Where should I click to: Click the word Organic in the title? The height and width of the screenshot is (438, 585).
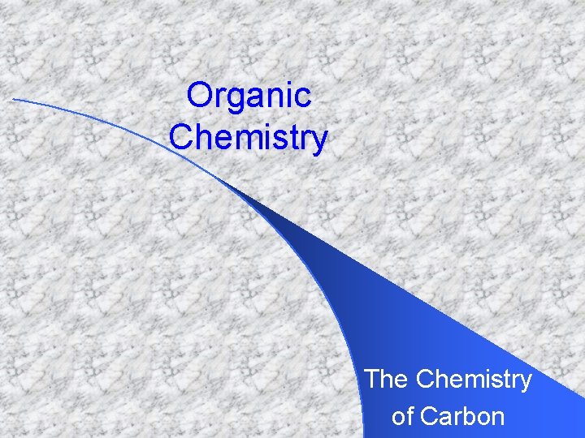coord(249,96)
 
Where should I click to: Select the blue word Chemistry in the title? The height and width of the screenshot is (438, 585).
coord(249,137)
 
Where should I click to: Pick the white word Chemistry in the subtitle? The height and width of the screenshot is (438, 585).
coord(474,379)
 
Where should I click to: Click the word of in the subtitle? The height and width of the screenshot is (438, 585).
coord(402,417)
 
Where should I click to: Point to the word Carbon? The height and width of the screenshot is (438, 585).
coord(462,417)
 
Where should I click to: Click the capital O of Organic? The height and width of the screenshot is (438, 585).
coord(198,96)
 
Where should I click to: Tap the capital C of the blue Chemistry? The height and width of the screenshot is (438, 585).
coord(180,137)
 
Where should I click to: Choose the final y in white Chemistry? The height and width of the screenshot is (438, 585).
coord(525,383)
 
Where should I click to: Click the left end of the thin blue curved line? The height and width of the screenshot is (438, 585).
coord(14,100)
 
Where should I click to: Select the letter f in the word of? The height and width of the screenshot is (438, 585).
coord(409,416)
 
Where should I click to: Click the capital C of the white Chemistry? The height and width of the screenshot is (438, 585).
coord(425,379)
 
